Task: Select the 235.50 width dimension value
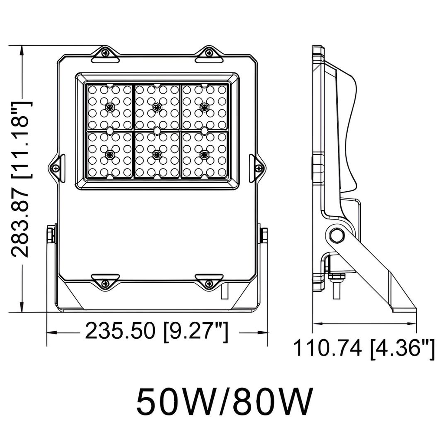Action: [x=120, y=332]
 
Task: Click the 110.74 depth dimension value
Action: [x=328, y=348]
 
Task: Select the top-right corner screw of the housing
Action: [x=209, y=53]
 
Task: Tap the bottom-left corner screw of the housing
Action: [x=104, y=284]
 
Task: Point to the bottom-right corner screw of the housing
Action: [x=209, y=284]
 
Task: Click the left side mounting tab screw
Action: [x=55, y=168]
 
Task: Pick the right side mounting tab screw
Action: [x=259, y=168]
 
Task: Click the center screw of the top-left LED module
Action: [x=109, y=106]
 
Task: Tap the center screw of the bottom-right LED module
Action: [x=204, y=153]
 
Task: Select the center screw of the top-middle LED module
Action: [x=157, y=106]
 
